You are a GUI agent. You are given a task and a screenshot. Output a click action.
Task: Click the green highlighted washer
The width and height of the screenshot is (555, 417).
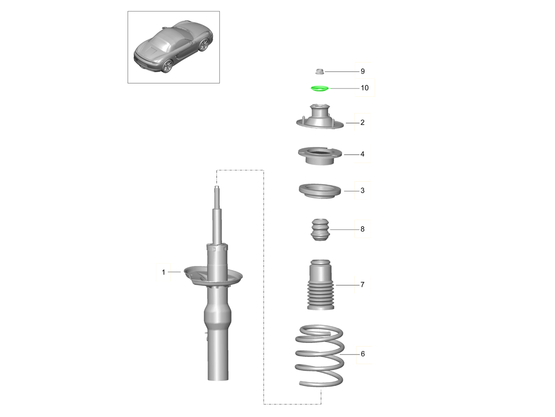[x=319, y=88]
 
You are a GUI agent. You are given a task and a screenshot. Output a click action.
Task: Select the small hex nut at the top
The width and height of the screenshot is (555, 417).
[x=319, y=71]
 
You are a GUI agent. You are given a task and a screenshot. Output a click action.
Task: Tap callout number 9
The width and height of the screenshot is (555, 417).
[x=363, y=71]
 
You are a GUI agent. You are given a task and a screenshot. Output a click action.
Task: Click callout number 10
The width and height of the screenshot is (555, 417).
[x=364, y=88]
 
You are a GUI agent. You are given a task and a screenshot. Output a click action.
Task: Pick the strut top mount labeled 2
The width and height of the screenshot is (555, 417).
[x=319, y=120]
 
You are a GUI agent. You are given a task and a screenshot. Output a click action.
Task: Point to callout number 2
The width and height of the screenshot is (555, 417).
[x=363, y=123]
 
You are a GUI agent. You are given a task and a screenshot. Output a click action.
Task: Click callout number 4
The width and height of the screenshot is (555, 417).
[x=363, y=154]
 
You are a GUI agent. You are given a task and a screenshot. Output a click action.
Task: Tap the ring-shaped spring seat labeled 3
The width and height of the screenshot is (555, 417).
[x=319, y=191]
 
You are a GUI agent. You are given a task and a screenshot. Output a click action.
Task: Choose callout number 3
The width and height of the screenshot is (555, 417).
[x=363, y=190]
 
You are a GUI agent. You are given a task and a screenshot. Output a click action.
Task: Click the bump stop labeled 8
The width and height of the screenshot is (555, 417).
[x=319, y=229]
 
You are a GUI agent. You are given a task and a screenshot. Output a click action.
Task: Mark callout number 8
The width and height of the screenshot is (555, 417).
[x=363, y=229]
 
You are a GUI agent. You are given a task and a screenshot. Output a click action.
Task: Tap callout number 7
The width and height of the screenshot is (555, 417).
[x=363, y=284]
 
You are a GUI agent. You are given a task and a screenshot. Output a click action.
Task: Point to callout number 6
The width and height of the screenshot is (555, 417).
[x=363, y=354]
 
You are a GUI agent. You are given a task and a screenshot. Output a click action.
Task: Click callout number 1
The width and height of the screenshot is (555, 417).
[x=163, y=272]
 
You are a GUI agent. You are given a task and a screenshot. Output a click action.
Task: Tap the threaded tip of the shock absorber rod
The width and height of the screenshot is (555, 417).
[x=216, y=189]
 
